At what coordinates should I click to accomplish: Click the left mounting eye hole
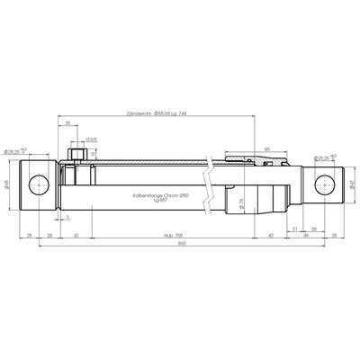pos(39,186)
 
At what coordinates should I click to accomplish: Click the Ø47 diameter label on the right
pos(351,186)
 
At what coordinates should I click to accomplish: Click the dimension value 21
pos(295,227)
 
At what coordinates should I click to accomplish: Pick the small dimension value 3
pos(69,217)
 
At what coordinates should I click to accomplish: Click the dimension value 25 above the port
pos(68,125)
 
